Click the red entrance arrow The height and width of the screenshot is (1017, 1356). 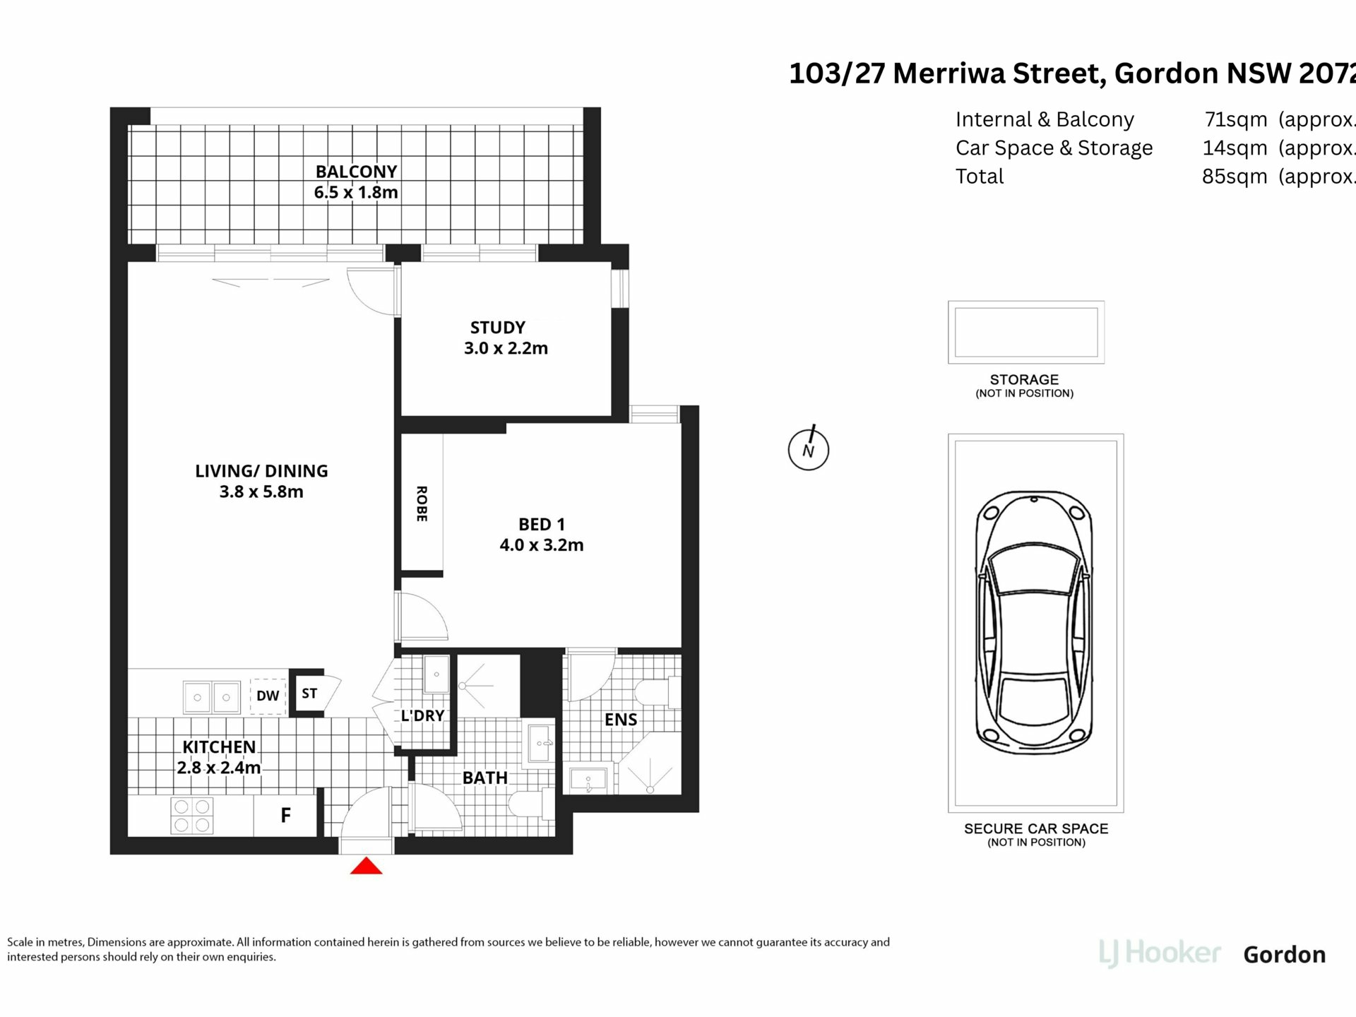tap(366, 866)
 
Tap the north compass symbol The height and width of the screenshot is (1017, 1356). tap(809, 449)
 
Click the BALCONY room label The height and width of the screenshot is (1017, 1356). tap(356, 172)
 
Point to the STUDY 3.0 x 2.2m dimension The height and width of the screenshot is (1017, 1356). tap(506, 348)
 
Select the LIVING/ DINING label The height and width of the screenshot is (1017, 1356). tap(261, 471)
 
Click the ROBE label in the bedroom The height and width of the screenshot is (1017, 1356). tap(422, 504)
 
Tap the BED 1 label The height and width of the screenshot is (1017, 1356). tap(542, 525)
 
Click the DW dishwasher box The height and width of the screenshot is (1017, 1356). tap(268, 696)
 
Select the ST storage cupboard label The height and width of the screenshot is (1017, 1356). tap(309, 694)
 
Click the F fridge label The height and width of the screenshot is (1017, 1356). tap(285, 816)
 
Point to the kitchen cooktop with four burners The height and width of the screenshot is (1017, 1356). tap(192, 816)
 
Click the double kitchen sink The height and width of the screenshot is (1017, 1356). tap(212, 697)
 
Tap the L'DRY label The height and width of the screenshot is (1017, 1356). tap(422, 715)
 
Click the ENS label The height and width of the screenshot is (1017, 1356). tap(621, 720)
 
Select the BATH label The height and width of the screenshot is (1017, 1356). tap(485, 778)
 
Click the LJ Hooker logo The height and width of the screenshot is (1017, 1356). tap(1160, 953)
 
